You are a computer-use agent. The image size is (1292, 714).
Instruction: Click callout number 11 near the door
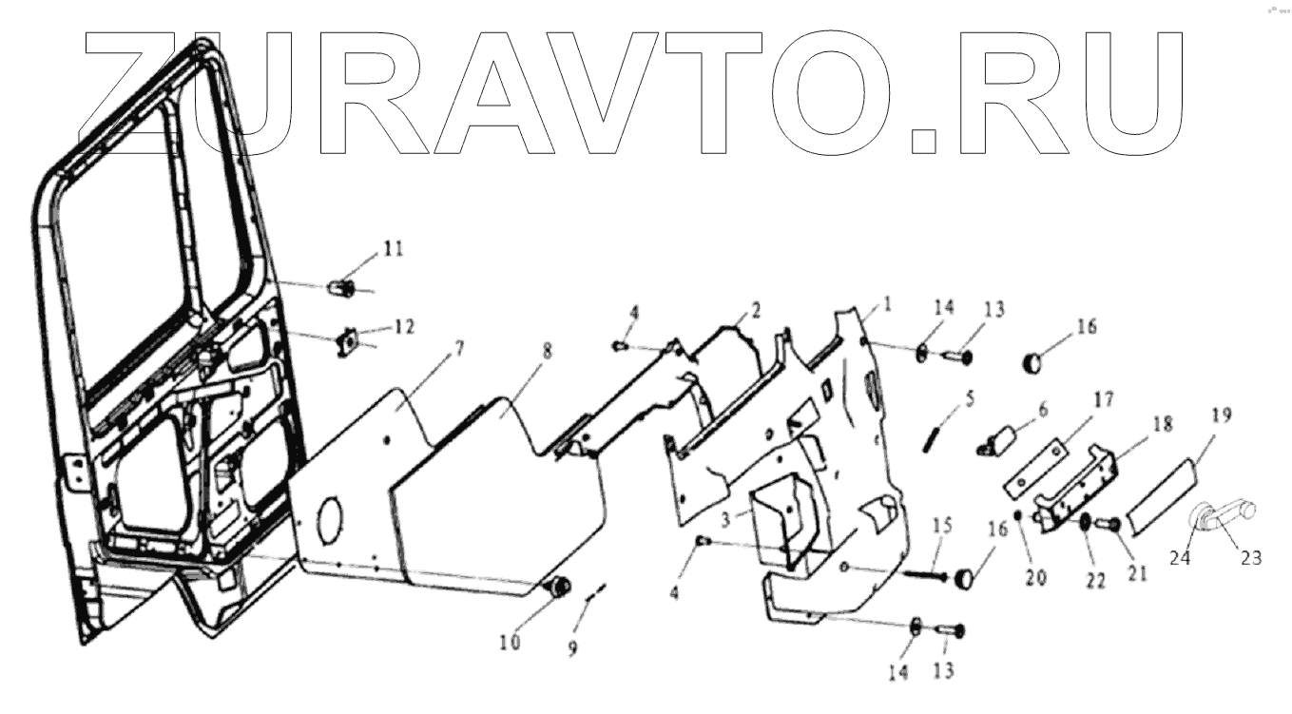click(x=393, y=249)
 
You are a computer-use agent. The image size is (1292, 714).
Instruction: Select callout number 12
click(x=404, y=327)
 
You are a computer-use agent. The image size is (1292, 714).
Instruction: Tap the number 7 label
click(x=459, y=348)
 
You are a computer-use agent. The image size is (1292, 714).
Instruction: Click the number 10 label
click(x=511, y=643)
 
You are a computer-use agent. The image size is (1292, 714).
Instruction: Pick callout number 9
click(x=572, y=649)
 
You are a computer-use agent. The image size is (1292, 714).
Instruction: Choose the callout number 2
click(x=756, y=309)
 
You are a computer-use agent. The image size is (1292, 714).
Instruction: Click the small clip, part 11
click(x=342, y=286)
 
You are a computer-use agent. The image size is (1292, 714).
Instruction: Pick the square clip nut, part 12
click(x=347, y=340)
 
